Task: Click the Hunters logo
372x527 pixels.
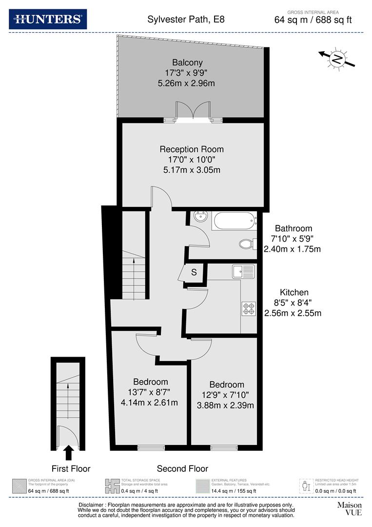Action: [48, 19]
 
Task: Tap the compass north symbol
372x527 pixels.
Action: [337, 59]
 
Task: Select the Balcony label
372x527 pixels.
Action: [187, 62]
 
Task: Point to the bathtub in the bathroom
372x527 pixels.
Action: [233, 222]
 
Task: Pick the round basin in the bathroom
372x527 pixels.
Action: [200, 217]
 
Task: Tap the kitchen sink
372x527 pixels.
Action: [243, 271]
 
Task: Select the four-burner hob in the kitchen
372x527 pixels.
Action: [248, 308]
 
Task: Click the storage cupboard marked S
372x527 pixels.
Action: [193, 273]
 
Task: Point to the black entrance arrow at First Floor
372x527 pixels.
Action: [69, 452]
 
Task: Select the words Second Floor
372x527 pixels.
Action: [182, 468]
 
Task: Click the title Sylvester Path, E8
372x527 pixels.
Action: [186, 20]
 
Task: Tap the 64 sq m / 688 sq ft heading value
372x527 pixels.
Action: [313, 20]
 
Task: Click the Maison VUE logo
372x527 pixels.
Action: [349, 509]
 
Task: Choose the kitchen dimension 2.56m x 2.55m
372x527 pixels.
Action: [293, 313]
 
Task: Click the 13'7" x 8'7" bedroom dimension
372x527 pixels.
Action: [151, 392]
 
